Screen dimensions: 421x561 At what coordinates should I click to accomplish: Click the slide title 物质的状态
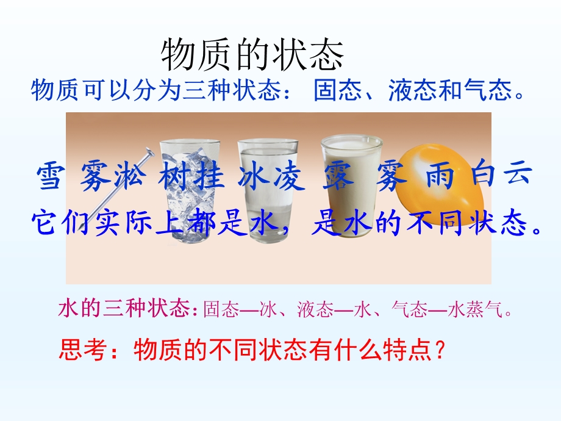tap(252, 56)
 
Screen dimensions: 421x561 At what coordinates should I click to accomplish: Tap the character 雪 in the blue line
tap(49, 178)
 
